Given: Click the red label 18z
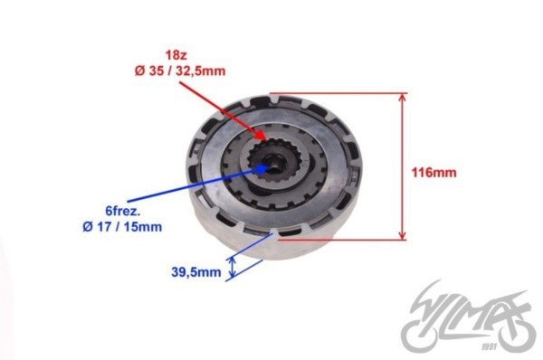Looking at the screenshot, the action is [176, 55].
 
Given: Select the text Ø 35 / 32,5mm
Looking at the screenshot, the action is [180, 71].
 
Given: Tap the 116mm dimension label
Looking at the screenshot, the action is [433, 172].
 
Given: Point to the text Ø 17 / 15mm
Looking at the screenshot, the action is [122, 227].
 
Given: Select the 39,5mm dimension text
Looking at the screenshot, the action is [196, 271].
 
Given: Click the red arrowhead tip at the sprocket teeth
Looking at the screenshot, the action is [266, 139].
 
